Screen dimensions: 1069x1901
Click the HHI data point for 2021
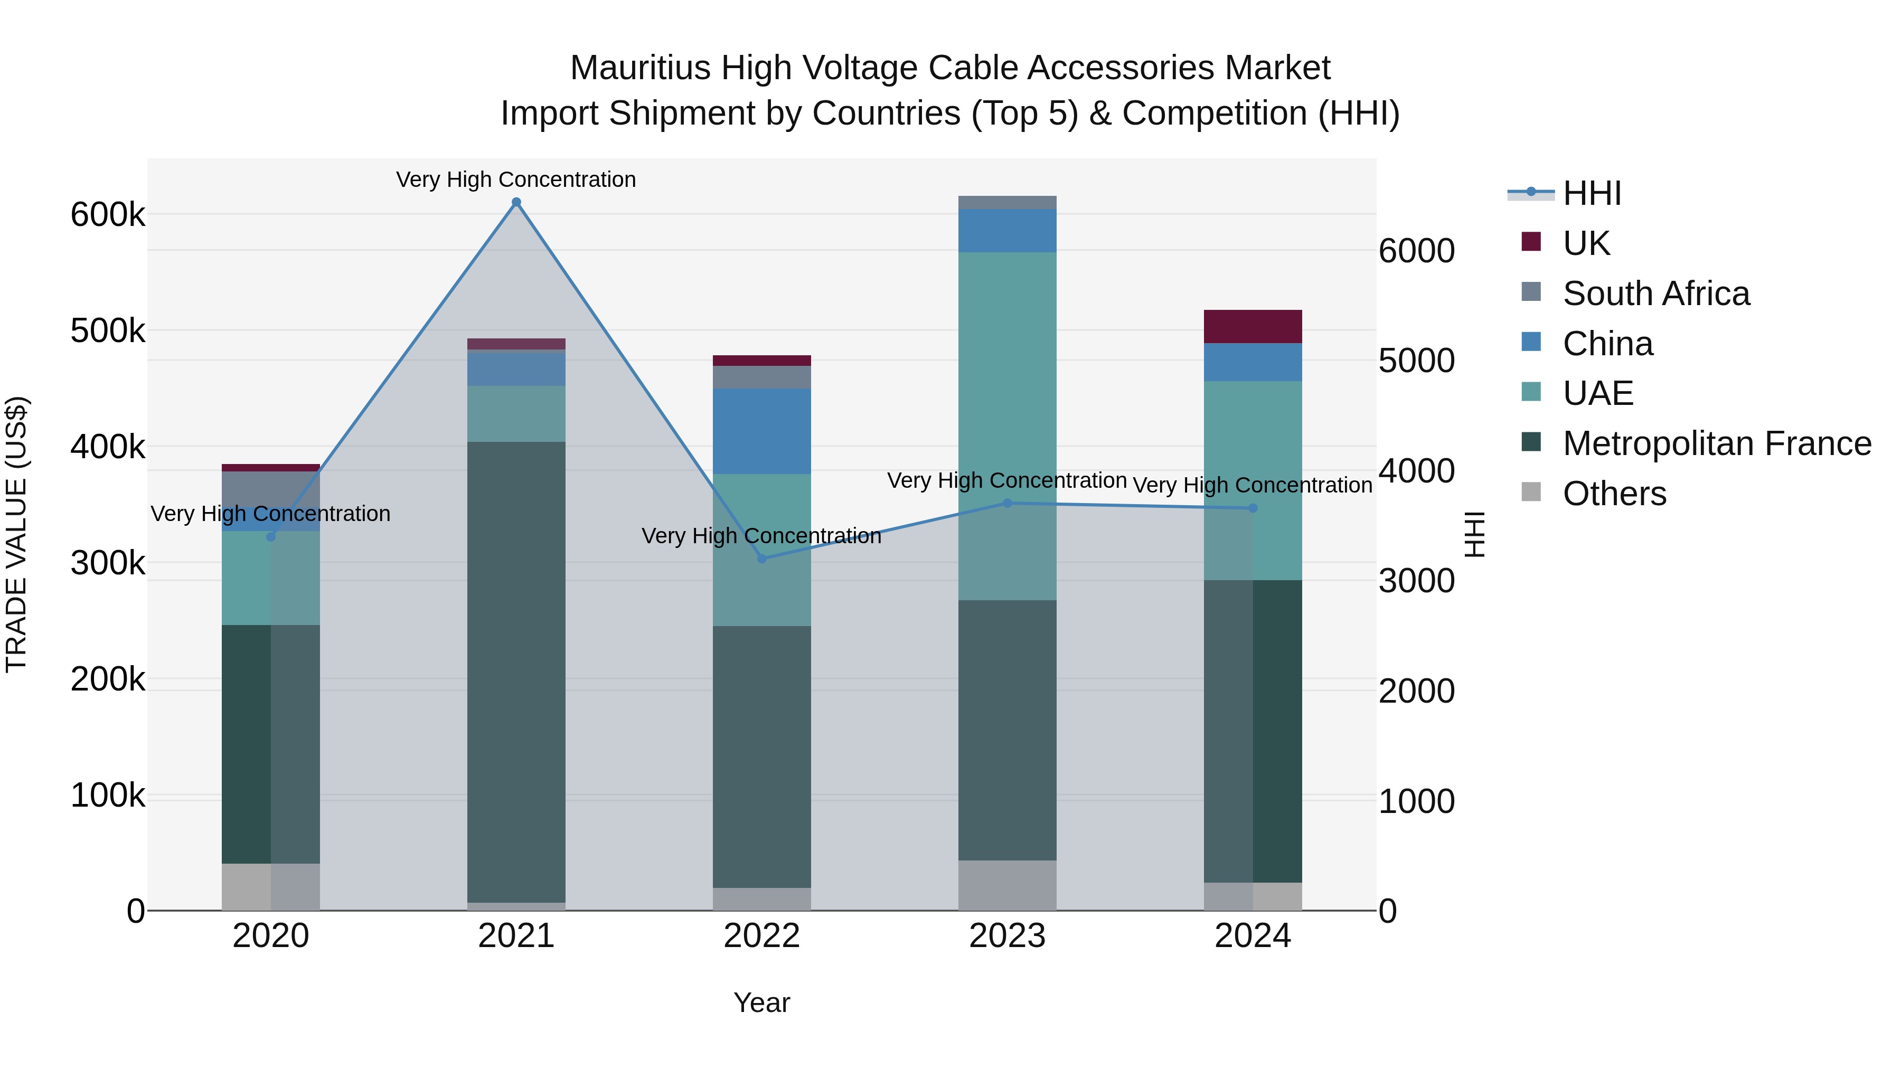tap(516, 202)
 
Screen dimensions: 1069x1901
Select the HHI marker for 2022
tap(763, 559)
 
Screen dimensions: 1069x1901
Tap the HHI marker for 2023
tap(1008, 503)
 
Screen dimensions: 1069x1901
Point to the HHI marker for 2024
tap(1253, 508)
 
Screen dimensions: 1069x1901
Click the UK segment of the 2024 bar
tap(1253, 326)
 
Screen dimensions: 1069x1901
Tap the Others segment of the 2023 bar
tap(1008, 885)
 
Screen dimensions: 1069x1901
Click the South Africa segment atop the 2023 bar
tap(1008, 202)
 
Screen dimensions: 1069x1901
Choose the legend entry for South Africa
tap(1655, 294)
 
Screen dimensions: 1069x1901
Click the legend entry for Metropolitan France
tap(1717, 443)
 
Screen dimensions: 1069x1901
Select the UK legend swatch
tap(1531, 242)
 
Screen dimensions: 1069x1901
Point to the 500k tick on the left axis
tap(108, 331)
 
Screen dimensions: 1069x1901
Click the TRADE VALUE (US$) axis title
tap(16, 534)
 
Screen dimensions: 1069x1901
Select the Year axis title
tap(761, 1002)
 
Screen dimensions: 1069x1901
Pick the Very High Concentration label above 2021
tap(516, 179)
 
